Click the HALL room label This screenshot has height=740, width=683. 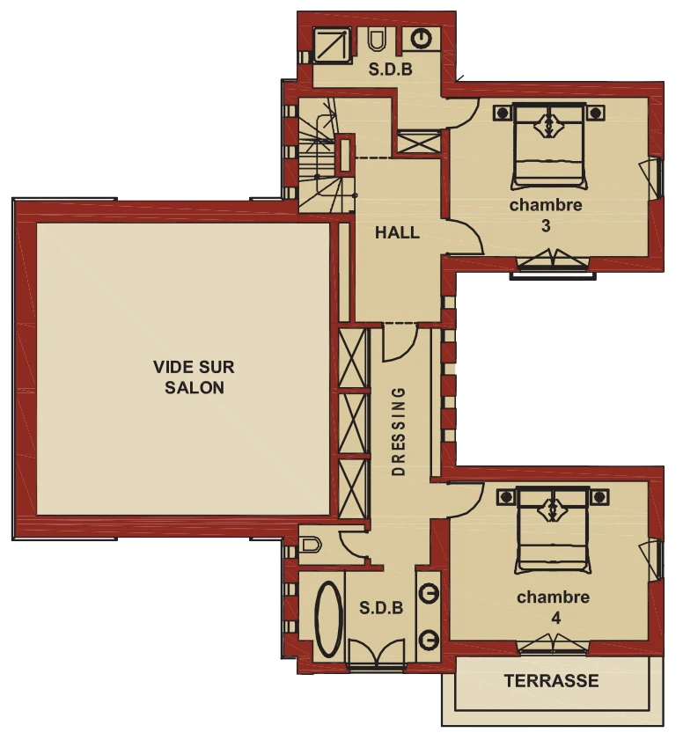tap(397, 232)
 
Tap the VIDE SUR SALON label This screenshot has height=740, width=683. tap(194, 377)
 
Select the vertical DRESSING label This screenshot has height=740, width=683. tap(399, 431)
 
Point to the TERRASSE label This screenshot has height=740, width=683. tap(551, 680)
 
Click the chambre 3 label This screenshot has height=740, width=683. tap(546, 216)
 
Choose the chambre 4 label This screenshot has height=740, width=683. tap(554, 607)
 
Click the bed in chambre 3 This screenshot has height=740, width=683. tap(549, 147)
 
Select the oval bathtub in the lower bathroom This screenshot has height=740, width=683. tap(328, 619)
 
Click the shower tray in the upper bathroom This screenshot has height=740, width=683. tap(332, 44)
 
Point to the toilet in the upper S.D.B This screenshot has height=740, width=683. tap(377, 40)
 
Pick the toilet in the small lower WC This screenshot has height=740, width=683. tap(311, 545)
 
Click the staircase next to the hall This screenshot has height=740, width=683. tap(326, 156)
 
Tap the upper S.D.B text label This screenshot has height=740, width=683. tap(391, 70)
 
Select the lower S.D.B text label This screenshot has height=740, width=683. tap(381, 607)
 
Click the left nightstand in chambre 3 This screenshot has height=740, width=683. tap(503, 114)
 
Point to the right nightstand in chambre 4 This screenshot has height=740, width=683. tap(599, 497)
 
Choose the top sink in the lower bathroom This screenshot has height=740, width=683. tap(429, 593)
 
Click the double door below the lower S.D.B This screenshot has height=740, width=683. tap(377, 654)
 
